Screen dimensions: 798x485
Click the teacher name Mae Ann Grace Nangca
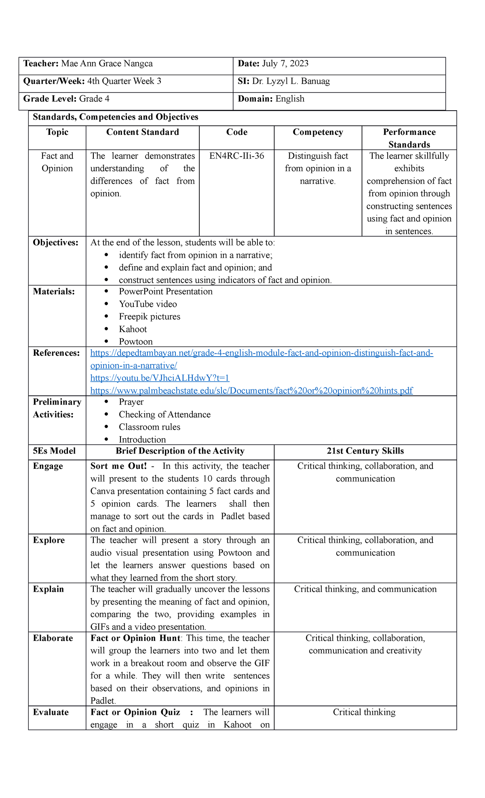pyautogui.click(x=107, y=64)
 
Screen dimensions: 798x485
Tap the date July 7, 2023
pyautogui.click(x=285, y=64)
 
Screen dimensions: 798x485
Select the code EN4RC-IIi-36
pyautogui.click(x=236, y=156)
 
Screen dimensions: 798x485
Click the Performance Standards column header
pyautogui.click(x=409, y=138)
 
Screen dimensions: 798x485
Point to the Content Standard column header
pyautogui.click(x=142, y=132)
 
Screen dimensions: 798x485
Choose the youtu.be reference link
pyautogui.click(x=160, y=378)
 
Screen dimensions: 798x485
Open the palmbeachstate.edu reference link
pyautogui.click(x=251, y=391)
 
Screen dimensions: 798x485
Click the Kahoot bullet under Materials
pyautogui.click(x=133, y=329)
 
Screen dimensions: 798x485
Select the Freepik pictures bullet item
pyautogui.click(x=149, y=317)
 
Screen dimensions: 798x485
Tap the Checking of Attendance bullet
pyautogui.click(x=164, y=415)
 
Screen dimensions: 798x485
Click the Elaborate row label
pyautogui.click(x=53, y=638)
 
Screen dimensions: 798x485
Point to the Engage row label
pyautogui.click(x=48, y=466)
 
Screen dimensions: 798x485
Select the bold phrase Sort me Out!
pyautogui.click(x=118, y=466)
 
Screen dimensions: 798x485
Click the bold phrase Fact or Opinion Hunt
pyautogui.click(x=135, y=638)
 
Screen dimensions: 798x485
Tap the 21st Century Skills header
pyautogui.click(x=365, y=451)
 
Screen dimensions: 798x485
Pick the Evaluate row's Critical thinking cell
pyautogui.click(x=364, y=712)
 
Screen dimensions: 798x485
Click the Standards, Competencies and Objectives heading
pyautogui.click(x=115, y=118)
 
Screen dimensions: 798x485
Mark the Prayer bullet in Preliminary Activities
pyautogui.click(x=131, y=402)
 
